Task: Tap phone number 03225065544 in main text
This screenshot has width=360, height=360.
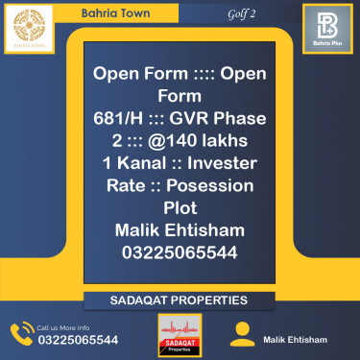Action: (x=180, y=252)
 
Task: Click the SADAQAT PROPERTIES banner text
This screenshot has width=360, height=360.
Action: (x=180, y=301)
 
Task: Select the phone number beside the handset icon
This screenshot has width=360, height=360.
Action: (x=78, y=340)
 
